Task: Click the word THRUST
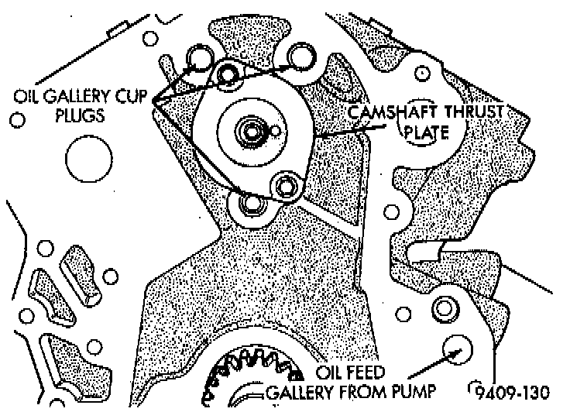click(472, 114)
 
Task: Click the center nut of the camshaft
click(249, 132)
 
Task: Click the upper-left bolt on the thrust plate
click(228, 74)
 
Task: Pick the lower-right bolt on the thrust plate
click(285, 186)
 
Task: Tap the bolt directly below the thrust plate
click(250, 205)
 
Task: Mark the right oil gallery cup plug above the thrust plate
click(298, 56)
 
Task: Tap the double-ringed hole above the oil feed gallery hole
click(445, 309)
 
